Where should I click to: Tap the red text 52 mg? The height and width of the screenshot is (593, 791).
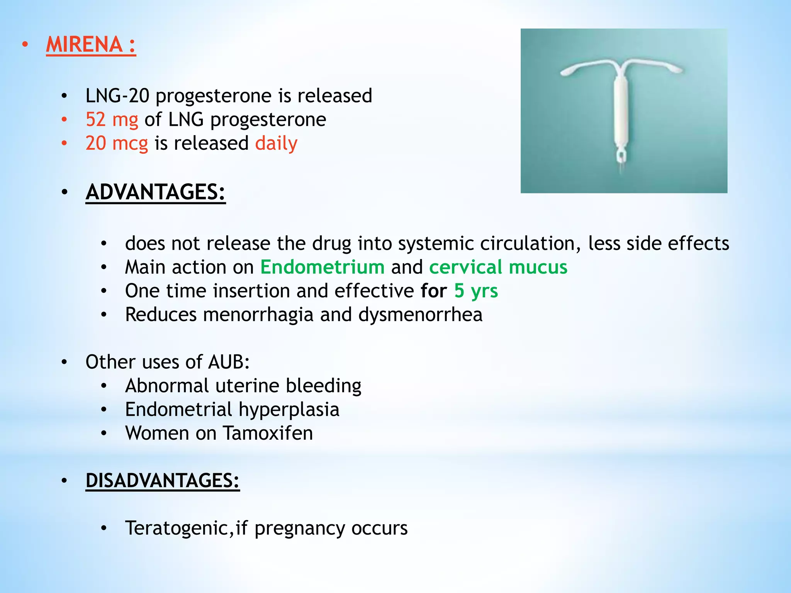coord(112,119)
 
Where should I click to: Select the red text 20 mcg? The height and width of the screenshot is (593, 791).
coord(117,143)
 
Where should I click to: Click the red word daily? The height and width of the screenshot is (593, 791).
coord(276,143)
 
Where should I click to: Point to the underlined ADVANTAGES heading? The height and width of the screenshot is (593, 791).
coord(155,192)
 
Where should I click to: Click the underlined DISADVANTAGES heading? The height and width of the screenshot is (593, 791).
coord(162,481)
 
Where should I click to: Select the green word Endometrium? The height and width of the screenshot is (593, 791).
coord(322,267)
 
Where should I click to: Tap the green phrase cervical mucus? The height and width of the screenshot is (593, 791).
coord(498,267)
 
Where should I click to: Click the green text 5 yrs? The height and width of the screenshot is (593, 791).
coord(476,291)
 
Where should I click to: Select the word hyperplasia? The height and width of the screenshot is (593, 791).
coord(289,410)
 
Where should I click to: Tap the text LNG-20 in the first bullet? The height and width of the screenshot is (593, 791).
coord(117,96)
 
